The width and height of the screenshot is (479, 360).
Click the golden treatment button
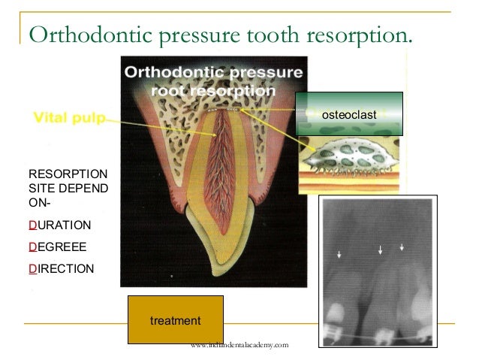[x=175, y=321]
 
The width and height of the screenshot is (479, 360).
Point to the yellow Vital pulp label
[x=68, y=117]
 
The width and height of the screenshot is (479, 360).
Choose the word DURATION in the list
[x=59, y=225]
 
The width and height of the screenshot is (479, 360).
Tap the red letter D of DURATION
[x=31, y=225]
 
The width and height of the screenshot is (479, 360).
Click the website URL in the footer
[x=239, y=345]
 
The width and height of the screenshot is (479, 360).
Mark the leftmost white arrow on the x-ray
[x=339, y=256]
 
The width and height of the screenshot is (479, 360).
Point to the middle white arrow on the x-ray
[x=381, y=249]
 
